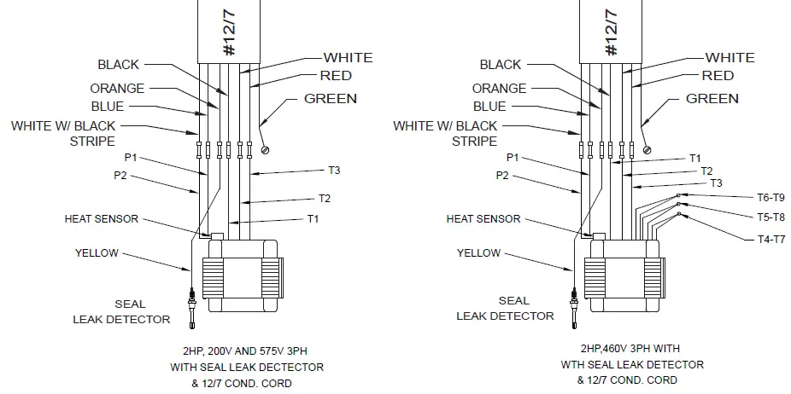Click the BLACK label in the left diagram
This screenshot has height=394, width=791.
click(118, 65)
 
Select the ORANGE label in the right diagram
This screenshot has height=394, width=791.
click(499, 89)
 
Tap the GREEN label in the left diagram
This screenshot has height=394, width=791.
click(331, 99)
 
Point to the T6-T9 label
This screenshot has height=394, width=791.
click(770, 196)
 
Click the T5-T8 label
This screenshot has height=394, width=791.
click(770, 217)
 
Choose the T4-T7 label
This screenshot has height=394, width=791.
click(770, 239)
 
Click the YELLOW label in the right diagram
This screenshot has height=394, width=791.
click(478, 253)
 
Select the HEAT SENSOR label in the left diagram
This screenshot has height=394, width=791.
click(101, 219)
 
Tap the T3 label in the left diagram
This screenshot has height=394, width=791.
click(334, 171)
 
